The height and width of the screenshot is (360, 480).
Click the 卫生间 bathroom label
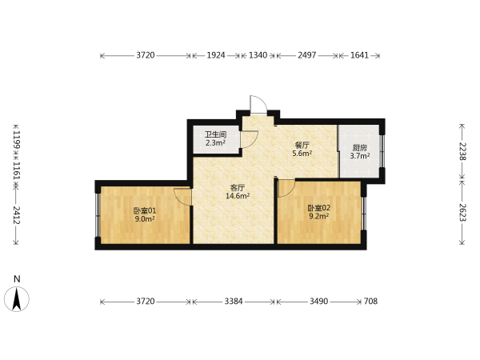[215, 134]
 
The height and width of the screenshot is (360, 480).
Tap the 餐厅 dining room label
[302, 145]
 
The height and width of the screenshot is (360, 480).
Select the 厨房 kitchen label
[360, 148]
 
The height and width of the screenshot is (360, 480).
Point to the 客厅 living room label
[238, 187]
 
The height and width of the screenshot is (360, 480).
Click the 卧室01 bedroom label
[145, 210]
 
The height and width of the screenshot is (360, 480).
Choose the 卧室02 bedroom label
[319, 208]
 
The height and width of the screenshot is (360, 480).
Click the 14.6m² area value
[238, 196]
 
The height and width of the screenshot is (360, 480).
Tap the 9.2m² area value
[319, 217]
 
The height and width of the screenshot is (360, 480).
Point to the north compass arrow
[17, 299]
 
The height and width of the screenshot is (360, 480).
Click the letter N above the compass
[17, 279]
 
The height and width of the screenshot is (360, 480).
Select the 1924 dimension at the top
[216, 55]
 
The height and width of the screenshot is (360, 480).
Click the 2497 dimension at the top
[306, 55]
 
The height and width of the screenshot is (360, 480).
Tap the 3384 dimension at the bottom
[234, 302]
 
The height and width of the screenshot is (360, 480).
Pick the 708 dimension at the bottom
[370, 302]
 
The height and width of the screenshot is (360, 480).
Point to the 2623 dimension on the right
[462, 213]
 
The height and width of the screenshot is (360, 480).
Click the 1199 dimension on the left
[17, 140]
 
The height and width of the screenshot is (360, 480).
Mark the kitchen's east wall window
[382, 150]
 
